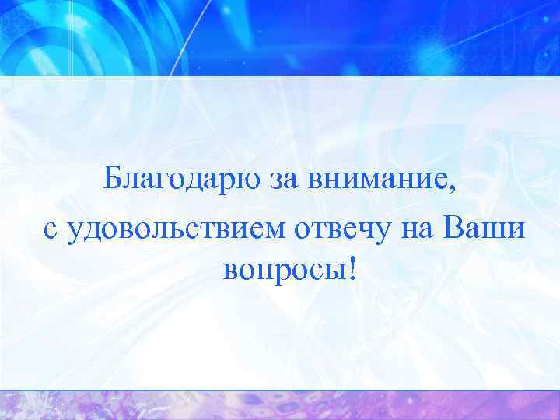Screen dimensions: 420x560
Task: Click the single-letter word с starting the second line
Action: click(x=50, y=230)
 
